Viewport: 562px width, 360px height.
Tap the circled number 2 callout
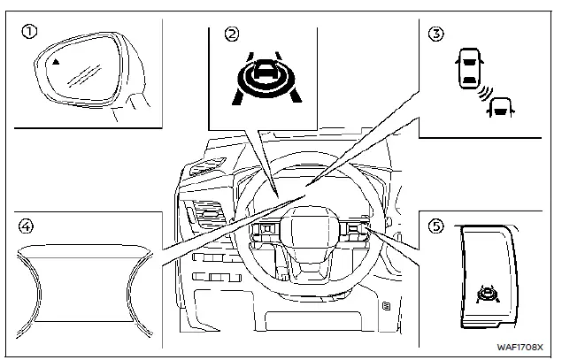click(x=232, y=34)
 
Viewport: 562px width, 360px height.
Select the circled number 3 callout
click(x=434, y=34)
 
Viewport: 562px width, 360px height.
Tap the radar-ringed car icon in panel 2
click(x=264, y=80)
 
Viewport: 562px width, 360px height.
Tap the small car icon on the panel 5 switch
click(x=486, y=293)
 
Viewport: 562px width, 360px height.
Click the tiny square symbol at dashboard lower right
click(x=387, y=306)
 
